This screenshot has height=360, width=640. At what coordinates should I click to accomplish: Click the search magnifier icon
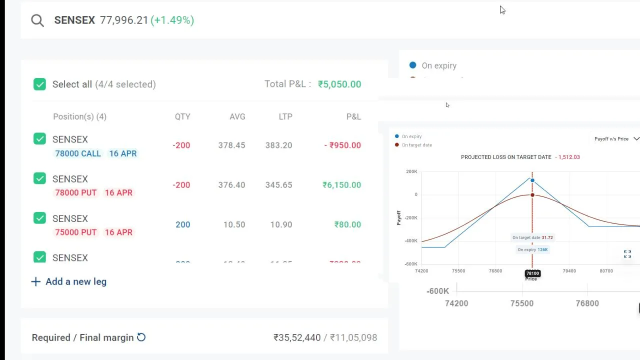click(x=37, y=20)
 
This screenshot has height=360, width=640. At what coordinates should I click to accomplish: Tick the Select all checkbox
click(x=39, y=84)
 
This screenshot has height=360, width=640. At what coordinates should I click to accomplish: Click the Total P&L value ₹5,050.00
click(x=339, y=84)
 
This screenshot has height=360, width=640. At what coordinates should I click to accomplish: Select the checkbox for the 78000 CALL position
click(x=39, y=139)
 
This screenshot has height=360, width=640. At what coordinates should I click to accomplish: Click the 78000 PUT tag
click(x=75, y=192)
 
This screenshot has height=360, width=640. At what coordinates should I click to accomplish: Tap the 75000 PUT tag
click(x=75, y=232)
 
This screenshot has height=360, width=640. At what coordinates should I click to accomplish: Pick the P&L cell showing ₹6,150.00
click(x=341, y=185)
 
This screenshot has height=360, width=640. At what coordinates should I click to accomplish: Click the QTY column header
click(x=182, y=116)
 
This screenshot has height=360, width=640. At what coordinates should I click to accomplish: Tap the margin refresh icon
click(x=141, y=337)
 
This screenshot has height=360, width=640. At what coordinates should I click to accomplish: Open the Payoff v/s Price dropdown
click(x=616, y=138)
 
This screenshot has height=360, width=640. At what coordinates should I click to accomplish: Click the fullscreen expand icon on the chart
click(x=627, y=254)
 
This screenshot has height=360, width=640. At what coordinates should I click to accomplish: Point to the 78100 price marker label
click(x=532, y=273)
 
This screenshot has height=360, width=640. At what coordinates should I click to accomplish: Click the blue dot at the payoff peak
click(x=532, y=180)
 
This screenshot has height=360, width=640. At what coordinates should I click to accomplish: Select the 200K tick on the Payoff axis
click(x=411, y=171)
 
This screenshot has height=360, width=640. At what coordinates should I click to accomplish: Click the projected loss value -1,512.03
click(x=567, y=157)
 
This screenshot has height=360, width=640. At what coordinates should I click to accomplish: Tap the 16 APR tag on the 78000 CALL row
click(x=122, y=153)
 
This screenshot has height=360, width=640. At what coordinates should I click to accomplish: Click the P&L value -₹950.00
click(x=342, y=145)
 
